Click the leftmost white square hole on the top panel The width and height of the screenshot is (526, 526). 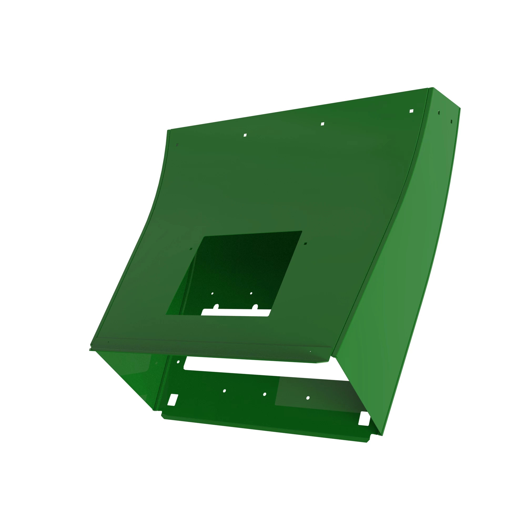click(245, 135)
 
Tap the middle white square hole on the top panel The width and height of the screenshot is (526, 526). click(322, 124)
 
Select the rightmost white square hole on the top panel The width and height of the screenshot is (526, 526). click(411, 111)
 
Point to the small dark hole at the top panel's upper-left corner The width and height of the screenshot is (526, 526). click(177, 145)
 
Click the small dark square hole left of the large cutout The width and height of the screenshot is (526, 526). click(191, 249)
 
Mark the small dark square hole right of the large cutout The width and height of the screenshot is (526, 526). click(305, 243)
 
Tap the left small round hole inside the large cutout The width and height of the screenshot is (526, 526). click(212, 294)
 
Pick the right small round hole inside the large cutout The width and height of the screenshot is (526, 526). click(251, 293)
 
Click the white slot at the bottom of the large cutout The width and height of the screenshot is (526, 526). click(235, 313)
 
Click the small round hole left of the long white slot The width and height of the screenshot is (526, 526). click(178, 362)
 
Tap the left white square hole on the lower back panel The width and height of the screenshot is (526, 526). click(173, 400)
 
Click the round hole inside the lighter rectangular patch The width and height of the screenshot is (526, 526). click(308, 398)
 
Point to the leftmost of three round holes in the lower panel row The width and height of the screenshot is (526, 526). click(224, 391)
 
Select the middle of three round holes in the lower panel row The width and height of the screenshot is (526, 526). click(265, 394)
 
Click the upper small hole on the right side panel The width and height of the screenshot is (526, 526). click(439, 112)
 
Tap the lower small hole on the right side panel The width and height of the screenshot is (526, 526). click(451, 122)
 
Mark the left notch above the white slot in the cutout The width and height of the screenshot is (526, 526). click(217, 307)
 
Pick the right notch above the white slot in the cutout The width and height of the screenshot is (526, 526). click(255, 307)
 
